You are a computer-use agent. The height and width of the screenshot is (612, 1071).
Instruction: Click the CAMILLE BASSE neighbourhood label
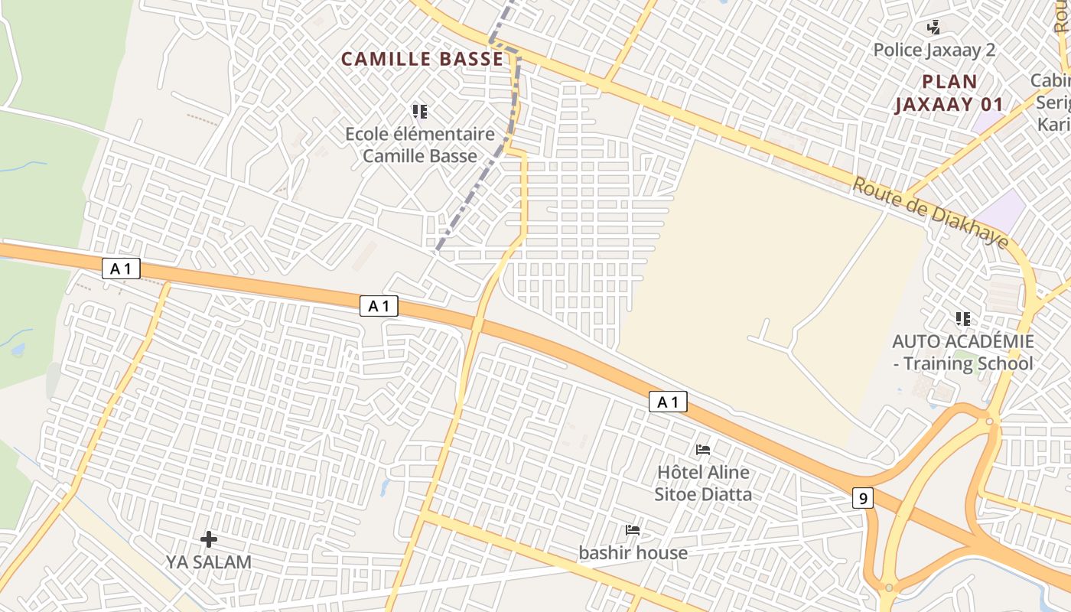pyautogui.click(x=422, y=59)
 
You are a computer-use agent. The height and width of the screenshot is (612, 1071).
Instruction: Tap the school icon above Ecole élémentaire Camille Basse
pyautogui.click(x=419, y=112)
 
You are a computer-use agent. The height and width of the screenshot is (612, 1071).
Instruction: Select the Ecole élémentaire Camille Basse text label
pyautogui.click(x=420, y=145)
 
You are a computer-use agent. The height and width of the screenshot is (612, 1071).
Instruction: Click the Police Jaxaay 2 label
pyautogui.click(x=934, y=50)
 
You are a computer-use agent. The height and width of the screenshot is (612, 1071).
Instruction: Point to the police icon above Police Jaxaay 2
pyautogui.click(x=933, y=28)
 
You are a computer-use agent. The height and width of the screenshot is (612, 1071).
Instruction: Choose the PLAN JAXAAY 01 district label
pyautogui.click(x=949, y=93)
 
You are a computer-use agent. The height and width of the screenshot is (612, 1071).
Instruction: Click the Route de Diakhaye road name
pyautogui.click(x=930, y=213)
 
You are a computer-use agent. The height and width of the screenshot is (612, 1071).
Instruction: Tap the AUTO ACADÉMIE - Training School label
pyautogui.click(x=962, y=352)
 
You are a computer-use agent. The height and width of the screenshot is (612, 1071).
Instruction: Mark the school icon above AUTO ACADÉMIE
pyautogui.click(x=962, y=318)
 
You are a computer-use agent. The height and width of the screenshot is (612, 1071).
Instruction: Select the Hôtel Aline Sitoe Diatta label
pyautogui.click(x=703, y=483)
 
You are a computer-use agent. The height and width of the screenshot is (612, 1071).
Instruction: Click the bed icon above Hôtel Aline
pyautogui.click(x=703, y=449)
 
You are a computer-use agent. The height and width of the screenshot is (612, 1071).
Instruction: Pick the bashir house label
pyautogui.click(x=633, y=552)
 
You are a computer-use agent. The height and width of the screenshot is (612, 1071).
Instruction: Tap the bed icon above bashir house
pyautogui.click(x=633, y=529)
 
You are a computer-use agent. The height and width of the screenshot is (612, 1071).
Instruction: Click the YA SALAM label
pyautogui.click(x=209, y=562)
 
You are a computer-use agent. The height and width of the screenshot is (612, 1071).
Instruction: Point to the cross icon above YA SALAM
pyautogui.click(x=209, y=539)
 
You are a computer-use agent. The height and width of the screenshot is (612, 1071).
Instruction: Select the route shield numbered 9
pyautogui.click(x=863, y=498)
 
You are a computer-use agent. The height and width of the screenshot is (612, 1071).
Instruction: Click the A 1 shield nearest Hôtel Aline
pyautogui.click(x=668, y=402)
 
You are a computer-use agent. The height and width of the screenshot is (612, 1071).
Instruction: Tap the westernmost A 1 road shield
pyautogui.click(x=121, y=269)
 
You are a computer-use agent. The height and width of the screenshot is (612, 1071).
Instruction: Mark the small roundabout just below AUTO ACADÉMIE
pyautogui.click(x=989, y=421)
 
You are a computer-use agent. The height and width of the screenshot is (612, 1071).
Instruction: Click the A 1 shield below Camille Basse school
pyautogui.click(x=379, y=307)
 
